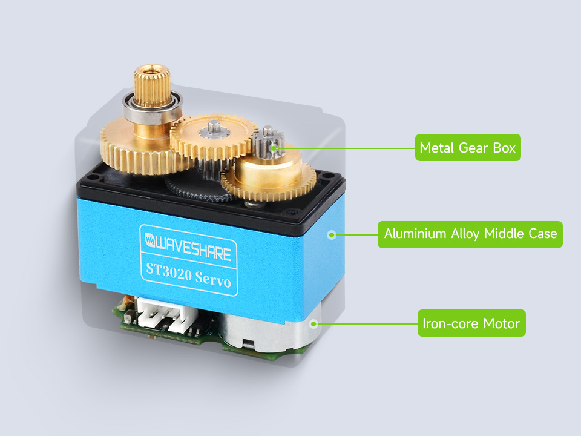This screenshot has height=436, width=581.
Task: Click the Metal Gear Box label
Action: point(467,147)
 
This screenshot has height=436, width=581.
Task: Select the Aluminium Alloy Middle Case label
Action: point(470,234)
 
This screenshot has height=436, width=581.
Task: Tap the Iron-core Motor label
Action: point(471,323)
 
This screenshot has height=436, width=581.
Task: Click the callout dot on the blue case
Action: point(330,234)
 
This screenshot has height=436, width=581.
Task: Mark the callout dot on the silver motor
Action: point(313,323)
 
